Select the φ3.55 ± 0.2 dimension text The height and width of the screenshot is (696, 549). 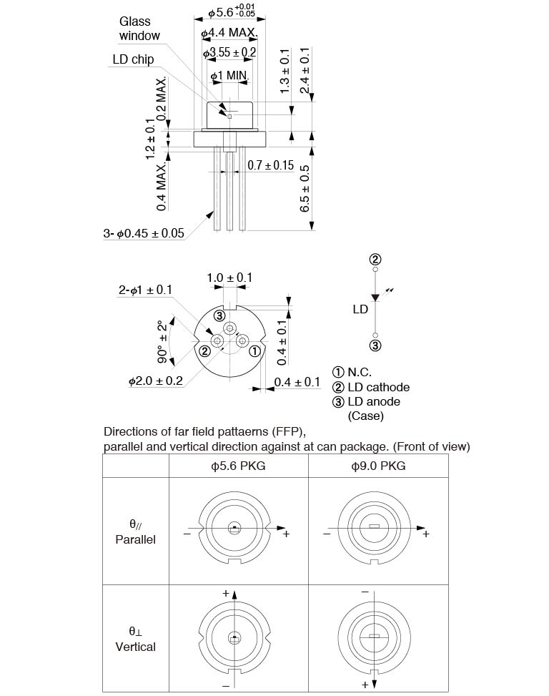click(229, 53)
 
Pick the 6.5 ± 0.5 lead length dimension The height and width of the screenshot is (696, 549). click(305, 188)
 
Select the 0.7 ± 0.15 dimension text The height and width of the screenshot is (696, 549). click(271, 165)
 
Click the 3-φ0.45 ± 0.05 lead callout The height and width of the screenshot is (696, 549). click(144, 233)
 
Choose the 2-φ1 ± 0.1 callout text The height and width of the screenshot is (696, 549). click(145, 290)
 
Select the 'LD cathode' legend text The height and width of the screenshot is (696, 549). click(378, 387)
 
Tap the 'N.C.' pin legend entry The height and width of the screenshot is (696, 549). click(359, 372)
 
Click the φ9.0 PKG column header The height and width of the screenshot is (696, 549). click(378, 466)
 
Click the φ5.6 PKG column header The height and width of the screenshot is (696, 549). click(238, 466)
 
